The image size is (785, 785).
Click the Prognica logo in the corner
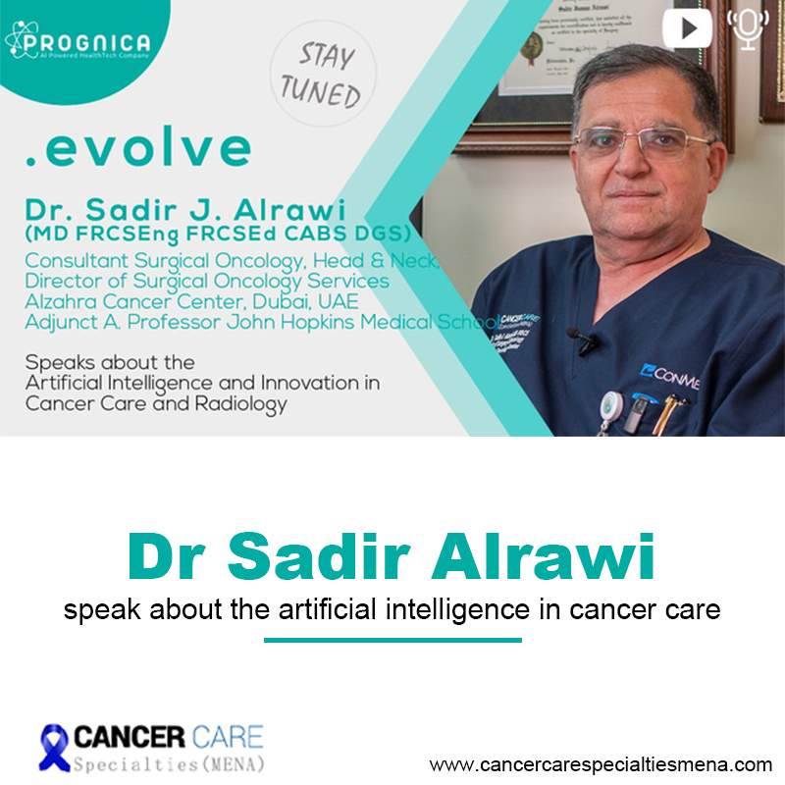(78, 42)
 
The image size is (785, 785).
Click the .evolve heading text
(137, 147)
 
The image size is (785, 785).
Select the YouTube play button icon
(687, 27)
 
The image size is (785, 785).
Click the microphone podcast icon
(749, 28)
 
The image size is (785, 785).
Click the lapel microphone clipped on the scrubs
(581, 340)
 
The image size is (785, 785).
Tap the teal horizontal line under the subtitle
(392, 640)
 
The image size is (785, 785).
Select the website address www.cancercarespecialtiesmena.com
(601, 763)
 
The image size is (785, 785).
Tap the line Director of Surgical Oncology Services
(206, 282)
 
